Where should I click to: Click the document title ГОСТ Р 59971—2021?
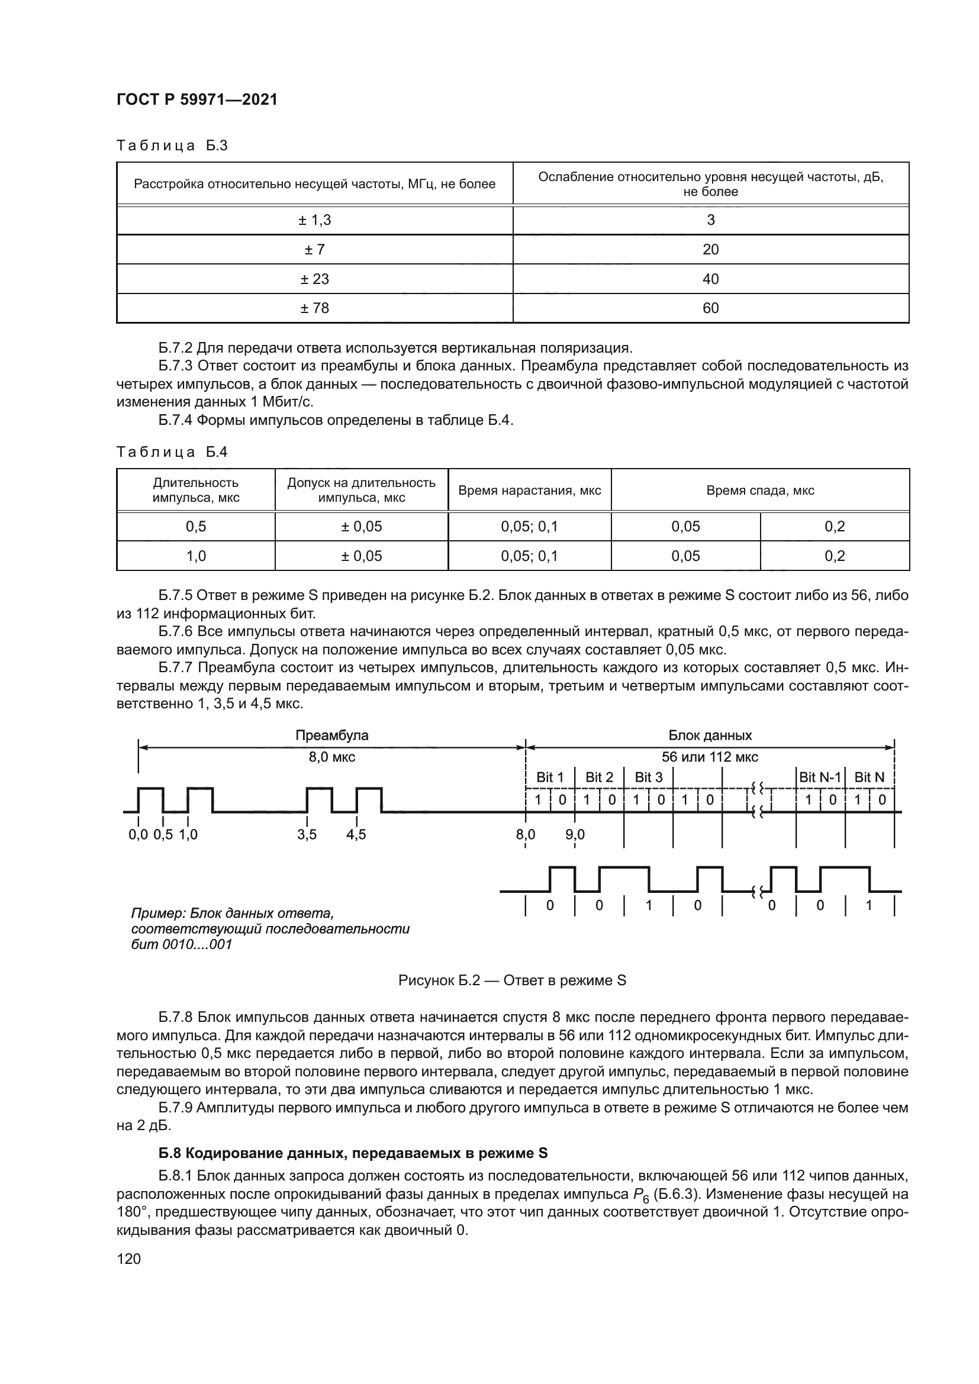point(197,100)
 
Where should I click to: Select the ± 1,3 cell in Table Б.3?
point(315,220)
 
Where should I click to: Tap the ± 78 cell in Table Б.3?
point(315,308)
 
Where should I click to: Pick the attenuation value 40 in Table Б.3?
point(710,279)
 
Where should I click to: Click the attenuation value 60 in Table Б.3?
point(710,308)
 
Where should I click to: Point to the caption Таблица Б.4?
point(172,452)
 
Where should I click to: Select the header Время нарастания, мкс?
point(529,490)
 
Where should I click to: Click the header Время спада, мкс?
point(759,490)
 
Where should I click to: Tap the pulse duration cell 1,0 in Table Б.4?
point(196,556)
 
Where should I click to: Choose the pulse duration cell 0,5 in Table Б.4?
point(196,526)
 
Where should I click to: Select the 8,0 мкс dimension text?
point(331,757)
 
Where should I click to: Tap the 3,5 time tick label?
point(307,835)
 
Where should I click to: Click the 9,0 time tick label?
point(575,835)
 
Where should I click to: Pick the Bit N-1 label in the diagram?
point(819,778)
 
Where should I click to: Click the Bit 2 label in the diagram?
point(598,778)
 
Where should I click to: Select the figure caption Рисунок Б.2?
point(512,980)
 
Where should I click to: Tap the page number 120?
point(128,1258)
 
